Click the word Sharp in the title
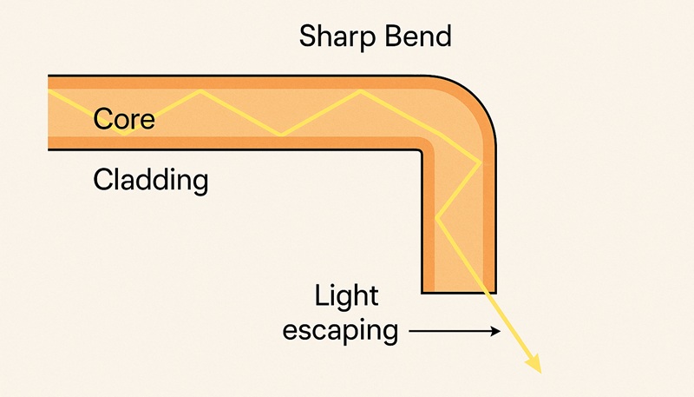(x=332, y=37)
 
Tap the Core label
(x=124, y=118)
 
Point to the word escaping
(x=339, y=330)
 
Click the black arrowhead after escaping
(x=497, y=331)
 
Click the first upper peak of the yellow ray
(x=201, y=89)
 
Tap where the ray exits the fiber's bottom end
(x=488, y=292)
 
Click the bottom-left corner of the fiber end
(x=422, y=292)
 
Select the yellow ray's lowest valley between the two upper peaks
(x=280, y=135)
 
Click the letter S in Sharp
(x=308, y=37)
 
